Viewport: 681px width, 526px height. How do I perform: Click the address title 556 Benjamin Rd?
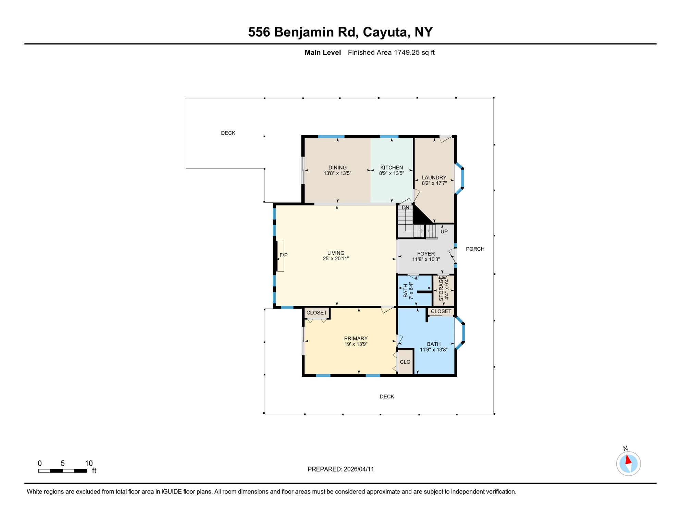[340, 32]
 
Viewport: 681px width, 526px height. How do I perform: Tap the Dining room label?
[337, 167]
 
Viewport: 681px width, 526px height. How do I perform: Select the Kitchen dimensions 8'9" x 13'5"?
[392, 173]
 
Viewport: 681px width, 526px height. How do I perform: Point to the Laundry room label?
[434, 177]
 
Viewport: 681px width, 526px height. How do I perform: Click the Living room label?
[336, 253]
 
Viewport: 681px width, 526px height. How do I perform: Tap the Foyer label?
[426, 254]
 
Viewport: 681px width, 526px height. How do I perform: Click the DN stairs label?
[406, 208]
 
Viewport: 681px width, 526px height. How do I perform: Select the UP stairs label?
[444, 231]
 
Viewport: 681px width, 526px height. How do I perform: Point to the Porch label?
[475, 249]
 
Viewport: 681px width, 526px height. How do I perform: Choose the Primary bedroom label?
[356, 338]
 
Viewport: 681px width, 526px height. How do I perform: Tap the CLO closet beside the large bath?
[405, 362]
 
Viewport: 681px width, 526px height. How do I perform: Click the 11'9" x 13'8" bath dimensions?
[434, 350]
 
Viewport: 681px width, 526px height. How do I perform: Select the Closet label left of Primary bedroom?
[317, 313]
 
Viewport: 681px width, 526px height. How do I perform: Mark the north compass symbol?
[628, 463]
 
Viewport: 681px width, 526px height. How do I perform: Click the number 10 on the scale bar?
[89, 463]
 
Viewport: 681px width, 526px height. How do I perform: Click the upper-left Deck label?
[228, 133]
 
